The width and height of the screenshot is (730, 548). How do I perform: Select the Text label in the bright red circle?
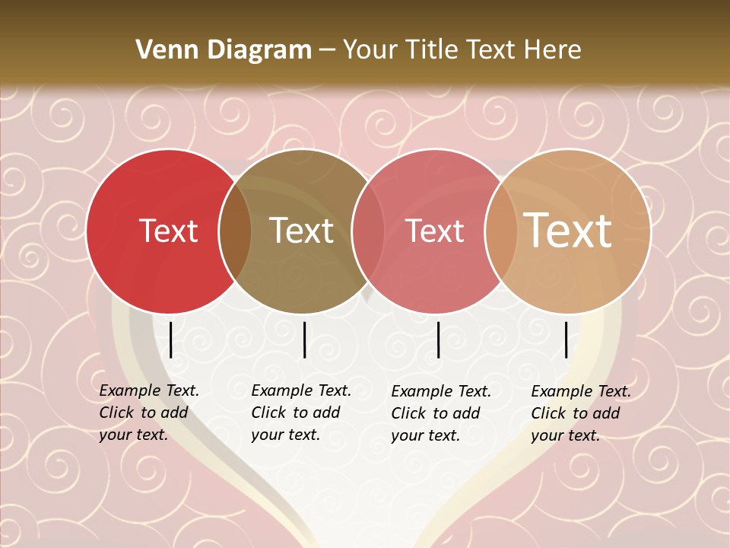[x=168, y=231]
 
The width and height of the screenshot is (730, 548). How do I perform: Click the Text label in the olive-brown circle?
[x=302, y=231]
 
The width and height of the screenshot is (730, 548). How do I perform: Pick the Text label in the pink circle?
[x=434, y=231]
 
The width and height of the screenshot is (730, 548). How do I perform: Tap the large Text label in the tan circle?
[x=568, y=231]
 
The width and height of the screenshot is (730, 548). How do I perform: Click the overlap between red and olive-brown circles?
[x=235, y=231]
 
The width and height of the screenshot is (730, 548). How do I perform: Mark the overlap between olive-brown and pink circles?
[x=368, y=231]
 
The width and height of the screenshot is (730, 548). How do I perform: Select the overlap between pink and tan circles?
[x=501, y=231]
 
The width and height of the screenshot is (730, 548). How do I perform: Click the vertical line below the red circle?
[x=171, y=339]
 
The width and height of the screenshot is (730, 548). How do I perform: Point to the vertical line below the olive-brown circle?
[x=304, y=339]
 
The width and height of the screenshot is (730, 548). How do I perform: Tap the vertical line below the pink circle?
[x=438, y=339]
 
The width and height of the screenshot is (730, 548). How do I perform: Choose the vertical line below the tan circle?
[x=567, y=339]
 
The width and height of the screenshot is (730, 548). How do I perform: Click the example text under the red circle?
[x=148, y=413]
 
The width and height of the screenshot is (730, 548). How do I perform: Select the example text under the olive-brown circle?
[x=300, y=413]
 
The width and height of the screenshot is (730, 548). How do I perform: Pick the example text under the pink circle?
[x=440, y=413]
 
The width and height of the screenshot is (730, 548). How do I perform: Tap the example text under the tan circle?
[x=580, y=413]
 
